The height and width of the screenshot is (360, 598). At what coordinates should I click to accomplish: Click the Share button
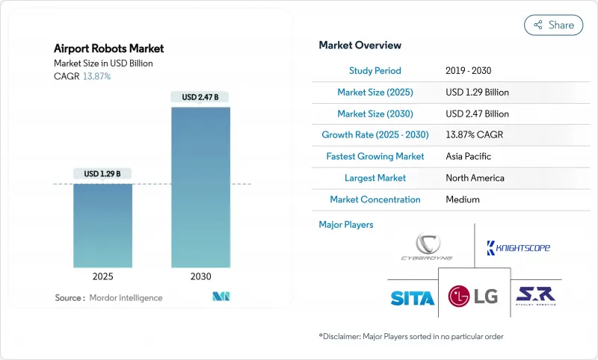[x=553, y=25]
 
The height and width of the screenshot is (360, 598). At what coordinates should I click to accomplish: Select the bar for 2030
[x=200, y=187]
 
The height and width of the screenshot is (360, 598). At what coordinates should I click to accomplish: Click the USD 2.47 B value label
[x=200, y=97]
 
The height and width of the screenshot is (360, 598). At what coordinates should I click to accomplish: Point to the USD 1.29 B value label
[x=102, y=174]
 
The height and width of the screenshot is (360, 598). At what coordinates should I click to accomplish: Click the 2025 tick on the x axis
[x=102, y=276]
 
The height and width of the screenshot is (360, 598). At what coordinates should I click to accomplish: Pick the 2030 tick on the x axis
[x=200, y=276]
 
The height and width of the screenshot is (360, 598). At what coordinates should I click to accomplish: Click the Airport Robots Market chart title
[x=109, y=49]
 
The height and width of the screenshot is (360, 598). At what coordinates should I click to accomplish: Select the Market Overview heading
[x=360, y=46]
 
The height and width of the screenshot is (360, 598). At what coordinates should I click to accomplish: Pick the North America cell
[x=475, y=179]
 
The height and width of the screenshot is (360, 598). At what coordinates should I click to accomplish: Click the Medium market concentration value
[x=463, y=200]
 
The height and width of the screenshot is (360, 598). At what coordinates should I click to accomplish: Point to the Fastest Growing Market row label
[x=375, y=157]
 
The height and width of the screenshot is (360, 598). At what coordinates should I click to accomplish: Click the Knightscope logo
[x=518, y=247]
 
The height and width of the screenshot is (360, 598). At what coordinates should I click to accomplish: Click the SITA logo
[x=412, y=298]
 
